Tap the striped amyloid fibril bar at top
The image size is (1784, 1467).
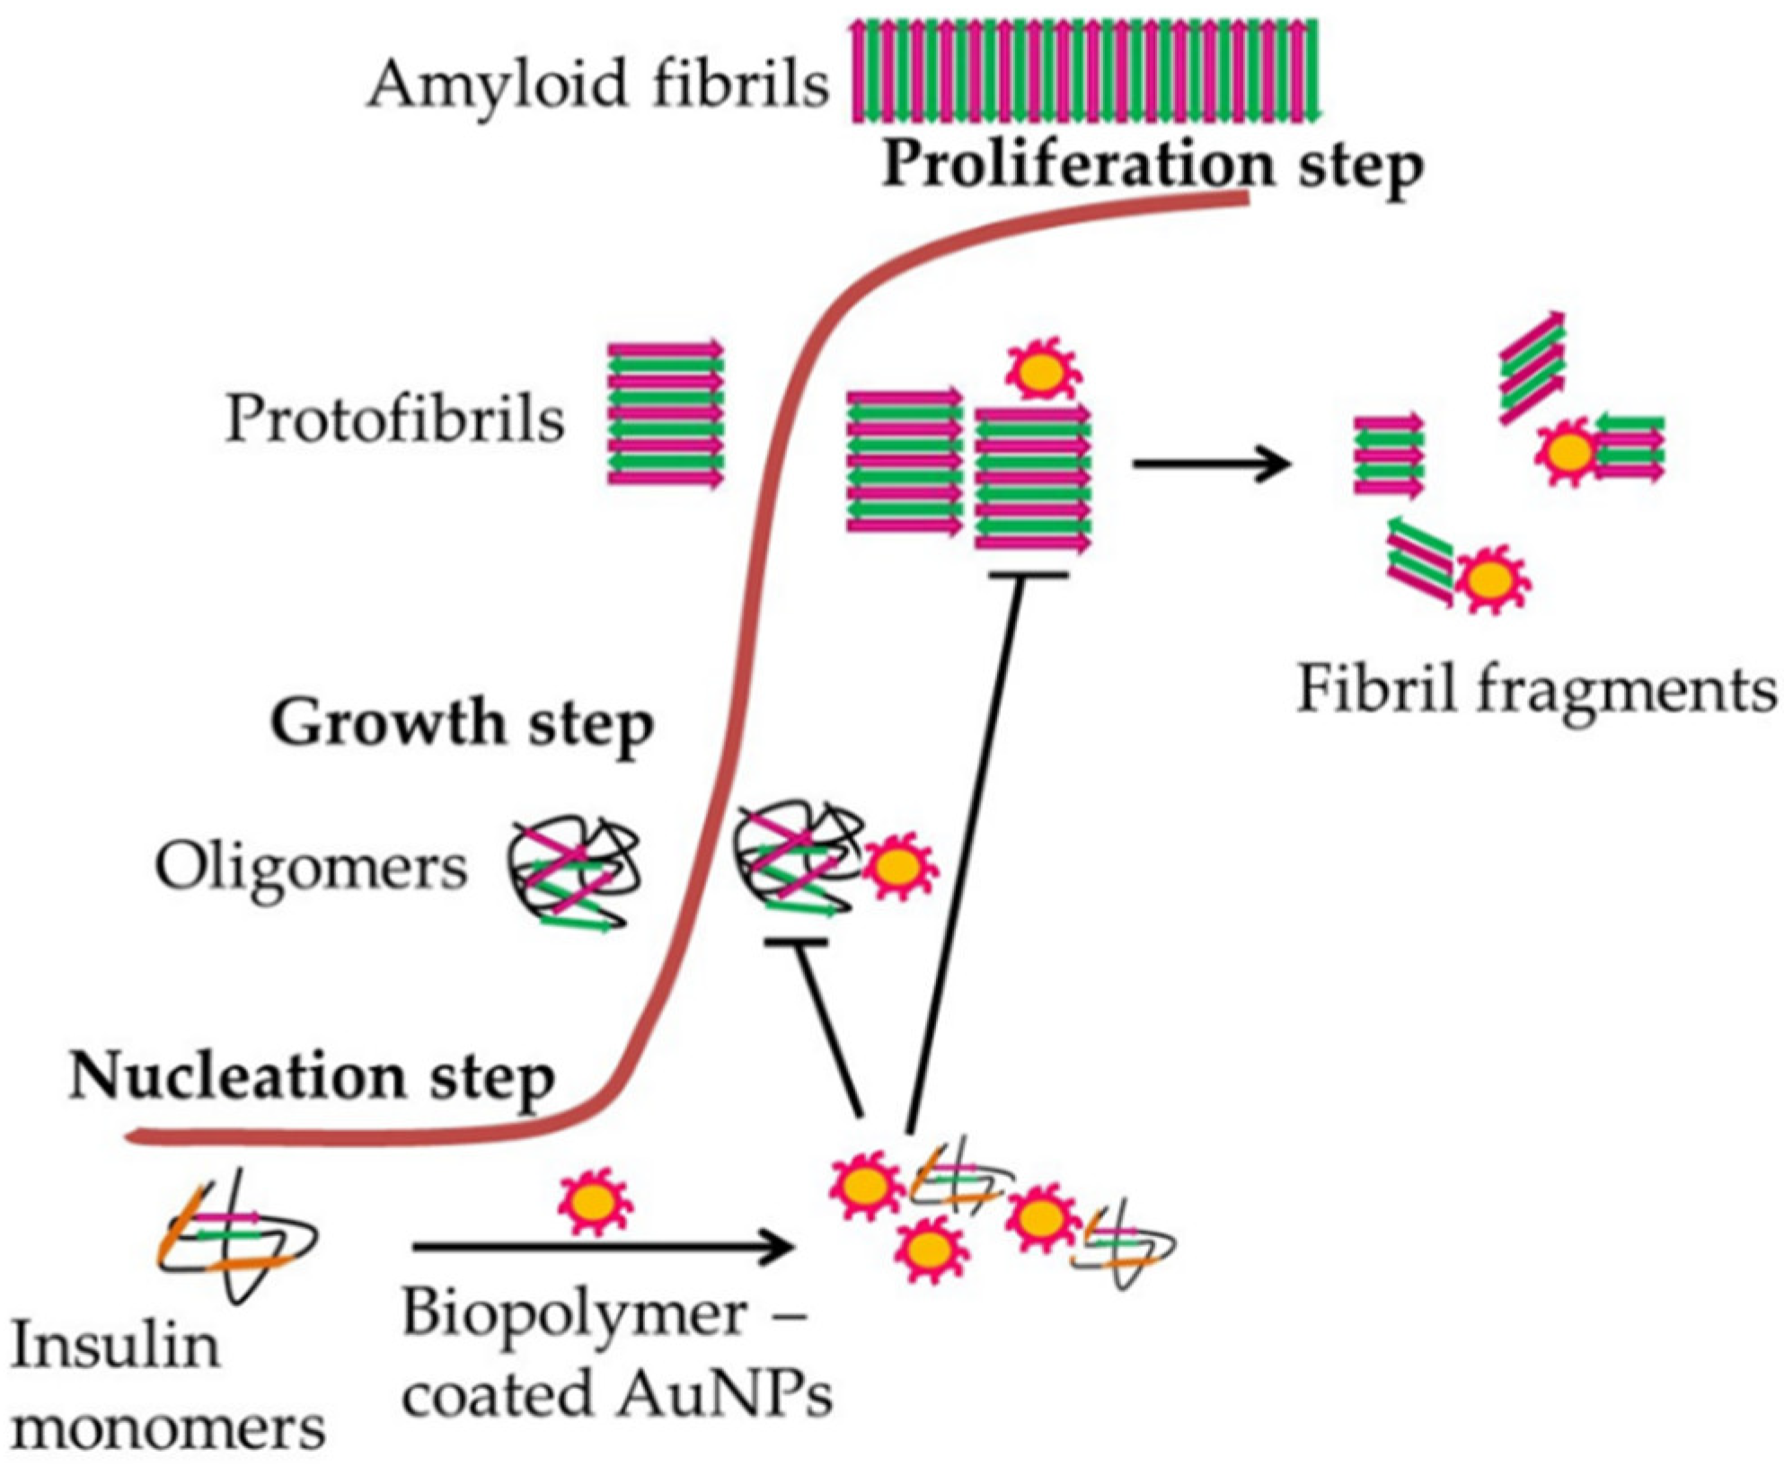point(1085,70)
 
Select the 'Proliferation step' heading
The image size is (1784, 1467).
point(1153,165)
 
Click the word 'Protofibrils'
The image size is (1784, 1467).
point(394,420)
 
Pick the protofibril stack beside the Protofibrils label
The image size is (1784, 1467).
point(666,414)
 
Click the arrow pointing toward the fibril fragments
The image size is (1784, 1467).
point(1212,464)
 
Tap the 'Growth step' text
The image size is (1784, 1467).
point(462,723)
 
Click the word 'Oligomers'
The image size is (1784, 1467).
point(311,868)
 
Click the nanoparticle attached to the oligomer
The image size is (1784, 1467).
point(898,867)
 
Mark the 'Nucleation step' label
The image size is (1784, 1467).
point(312,1076)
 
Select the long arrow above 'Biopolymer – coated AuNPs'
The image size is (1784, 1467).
point(604,1248)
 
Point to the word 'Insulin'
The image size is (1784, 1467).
point(115,1348)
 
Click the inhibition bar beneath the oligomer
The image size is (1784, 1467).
point(796,942)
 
